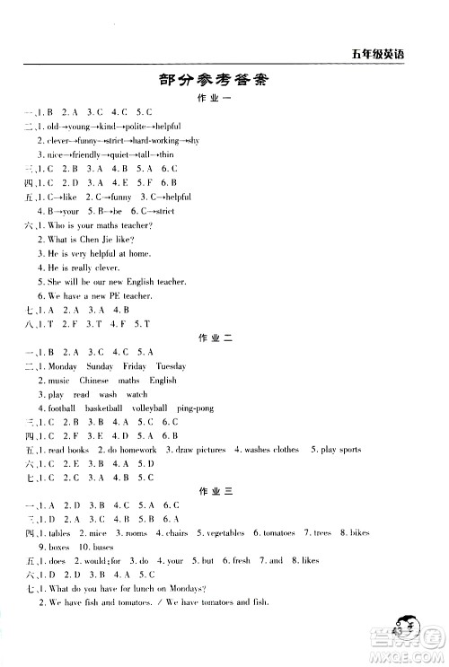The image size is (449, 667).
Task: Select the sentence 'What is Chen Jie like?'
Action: (86, 240)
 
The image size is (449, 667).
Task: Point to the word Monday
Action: (63, 366)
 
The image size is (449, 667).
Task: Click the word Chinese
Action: (94, 381)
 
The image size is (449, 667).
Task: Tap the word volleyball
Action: (149, 408)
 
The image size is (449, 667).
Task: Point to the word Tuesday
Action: (171, 366)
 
